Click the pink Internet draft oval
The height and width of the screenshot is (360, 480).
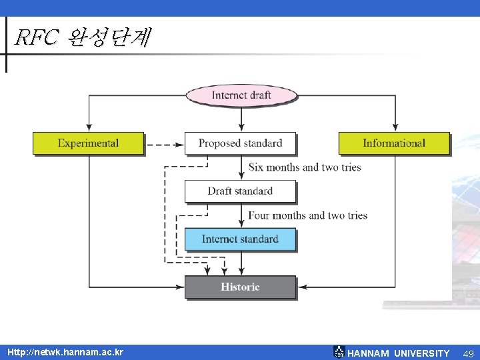point(241,95)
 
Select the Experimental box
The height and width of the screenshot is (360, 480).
point(88,143)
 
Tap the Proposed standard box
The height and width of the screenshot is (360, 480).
point(240,143)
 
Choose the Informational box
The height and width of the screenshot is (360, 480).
point(394,143)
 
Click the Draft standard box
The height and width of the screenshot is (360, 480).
point(240,191)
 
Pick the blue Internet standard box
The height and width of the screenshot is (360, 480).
point(240,239)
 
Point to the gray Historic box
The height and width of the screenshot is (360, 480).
point(240,287)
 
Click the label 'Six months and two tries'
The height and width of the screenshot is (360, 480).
point(305,167)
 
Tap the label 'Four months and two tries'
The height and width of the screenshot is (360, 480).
point(307,215)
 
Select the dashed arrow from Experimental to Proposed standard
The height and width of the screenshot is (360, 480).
point(165,144)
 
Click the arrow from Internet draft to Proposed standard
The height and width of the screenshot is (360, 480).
point(241,119)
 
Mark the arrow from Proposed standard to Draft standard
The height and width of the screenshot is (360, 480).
point(241,167)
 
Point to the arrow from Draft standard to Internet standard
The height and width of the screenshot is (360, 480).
point(241,215)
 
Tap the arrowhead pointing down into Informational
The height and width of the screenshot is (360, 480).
point(395,127)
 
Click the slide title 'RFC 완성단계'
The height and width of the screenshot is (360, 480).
point(83,38)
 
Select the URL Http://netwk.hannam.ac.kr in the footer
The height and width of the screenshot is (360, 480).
point(65,351)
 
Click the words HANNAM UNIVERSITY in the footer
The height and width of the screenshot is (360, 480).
point(398,353)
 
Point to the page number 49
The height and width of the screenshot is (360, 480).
point(469,353)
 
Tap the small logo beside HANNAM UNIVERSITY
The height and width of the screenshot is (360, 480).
point(339,352)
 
